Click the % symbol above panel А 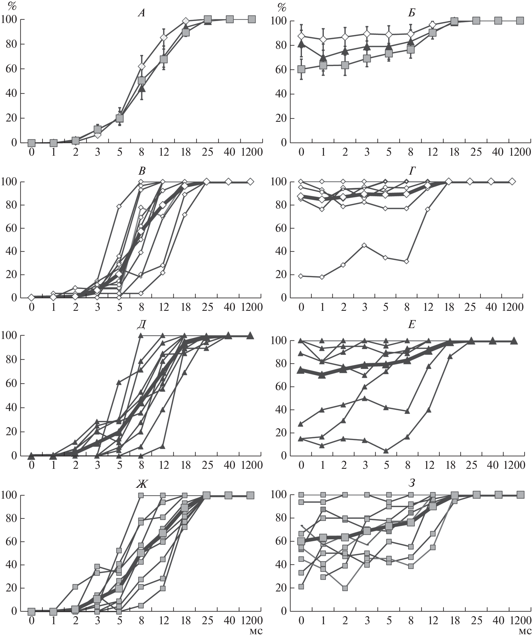point(12,6)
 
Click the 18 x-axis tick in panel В point(185,307)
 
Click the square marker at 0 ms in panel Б point(301,69)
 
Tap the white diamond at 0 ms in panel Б point(301,36)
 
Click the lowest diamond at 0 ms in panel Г point(301,276)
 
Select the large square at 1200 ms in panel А point(252,20)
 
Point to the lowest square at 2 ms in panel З point(345,588)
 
